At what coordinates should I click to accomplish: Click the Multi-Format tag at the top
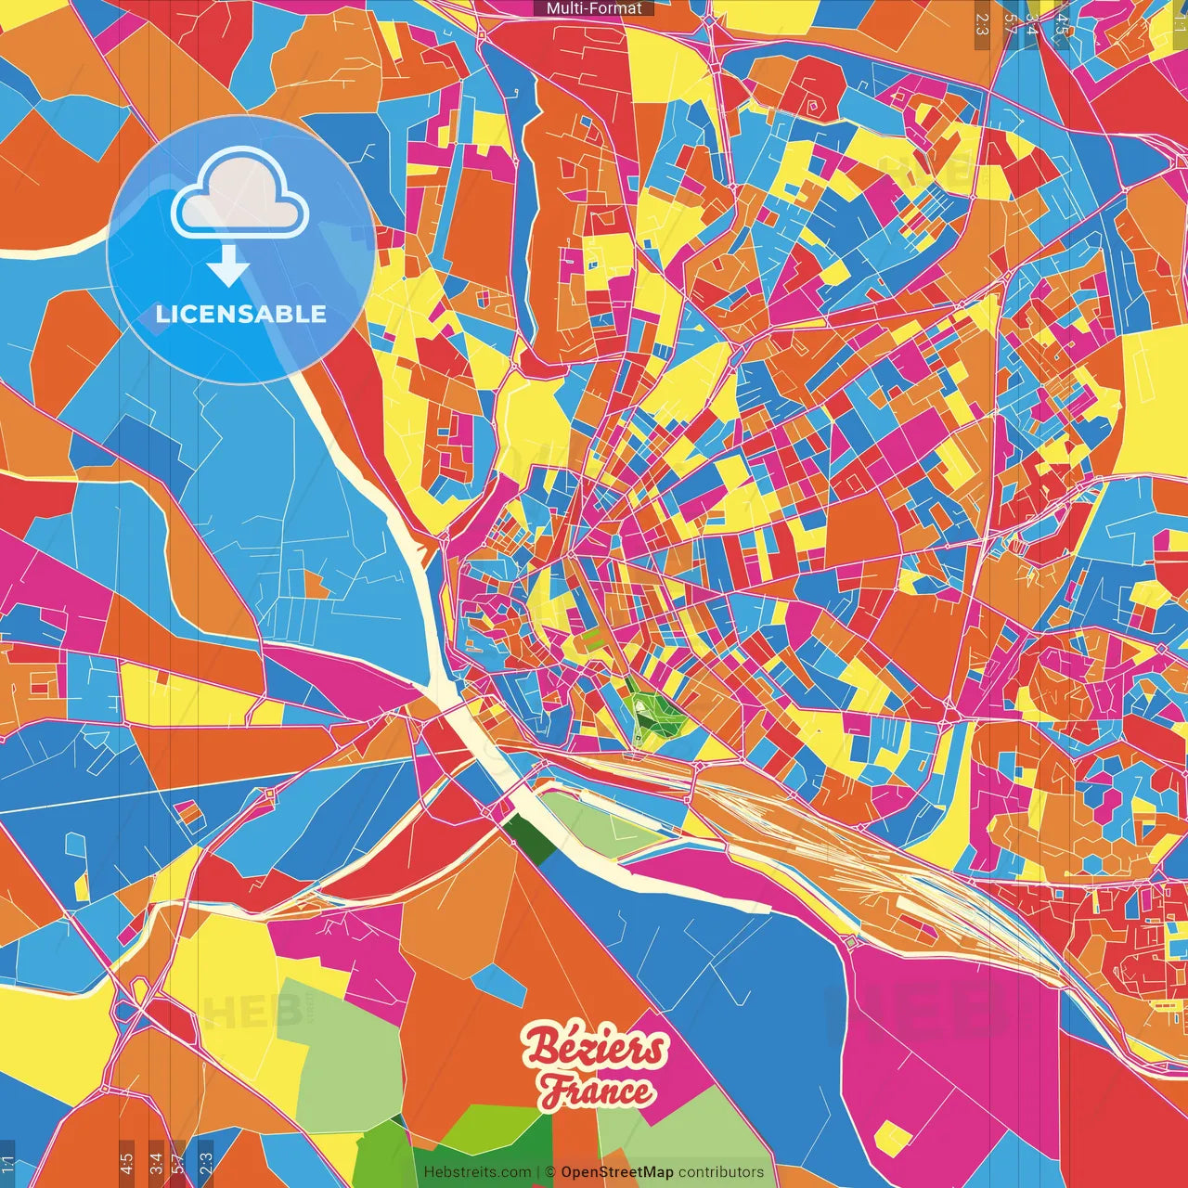click(x=594, y=8)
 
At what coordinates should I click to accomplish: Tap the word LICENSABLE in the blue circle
click(x=241, y=314)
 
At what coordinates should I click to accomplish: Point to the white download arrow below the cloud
click(x=227, y=267)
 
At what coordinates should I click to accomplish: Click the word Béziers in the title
click(x=594, y=1048)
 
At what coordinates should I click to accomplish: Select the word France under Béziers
click(x=598, y=1091)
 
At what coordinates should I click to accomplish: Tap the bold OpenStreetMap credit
click(x=617, y=1172)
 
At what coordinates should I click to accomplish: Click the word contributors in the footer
click(x=721, y=1172)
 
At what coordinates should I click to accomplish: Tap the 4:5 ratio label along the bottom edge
click(x=126, y=1163)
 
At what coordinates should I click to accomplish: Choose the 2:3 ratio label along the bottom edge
click(x=205, y=1163)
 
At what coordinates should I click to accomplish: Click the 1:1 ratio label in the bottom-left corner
click(x=7, y=1163)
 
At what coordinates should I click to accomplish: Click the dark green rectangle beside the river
click(x=531, y=837)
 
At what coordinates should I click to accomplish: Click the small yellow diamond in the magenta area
click(x=893, y=1138)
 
